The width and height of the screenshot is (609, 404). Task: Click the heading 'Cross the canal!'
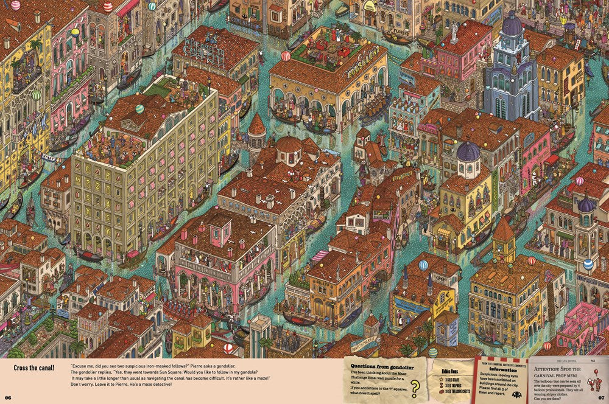[34, 367]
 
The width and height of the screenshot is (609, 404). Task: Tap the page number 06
[8, 398]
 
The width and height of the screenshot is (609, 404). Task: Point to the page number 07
[600, 398]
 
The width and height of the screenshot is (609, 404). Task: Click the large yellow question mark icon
[415, 388]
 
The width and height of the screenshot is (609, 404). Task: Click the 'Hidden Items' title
[447, 370]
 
